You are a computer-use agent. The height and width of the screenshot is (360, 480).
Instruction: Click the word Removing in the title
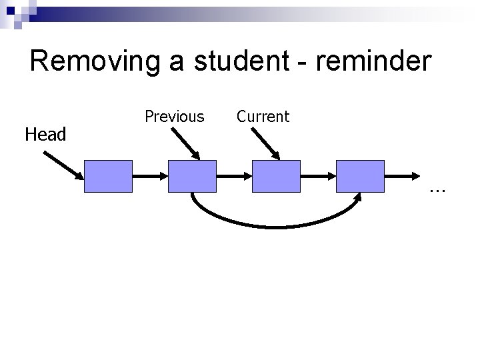coord(93,61)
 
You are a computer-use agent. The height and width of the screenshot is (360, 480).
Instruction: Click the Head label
coord(45,135)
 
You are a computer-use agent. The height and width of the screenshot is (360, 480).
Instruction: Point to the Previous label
coord(175,117)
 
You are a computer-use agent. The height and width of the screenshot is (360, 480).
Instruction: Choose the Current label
coord(263,117)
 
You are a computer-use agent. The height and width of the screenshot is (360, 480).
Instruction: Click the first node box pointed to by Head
coord(108,176)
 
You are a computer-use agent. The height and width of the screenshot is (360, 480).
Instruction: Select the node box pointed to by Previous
coord(192,176)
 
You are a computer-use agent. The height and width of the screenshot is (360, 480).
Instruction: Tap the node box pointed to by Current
coord(276,176)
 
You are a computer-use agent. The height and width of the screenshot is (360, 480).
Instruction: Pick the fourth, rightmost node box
coord(360,176)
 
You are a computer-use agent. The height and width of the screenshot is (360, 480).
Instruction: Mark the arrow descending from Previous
coord(185,143)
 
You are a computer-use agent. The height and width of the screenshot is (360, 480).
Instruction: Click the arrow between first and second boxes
coord(150,176)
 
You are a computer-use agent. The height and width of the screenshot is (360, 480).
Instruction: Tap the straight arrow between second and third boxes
coord(234,176)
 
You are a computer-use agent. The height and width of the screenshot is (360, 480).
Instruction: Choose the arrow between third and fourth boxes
coord(318,176)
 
